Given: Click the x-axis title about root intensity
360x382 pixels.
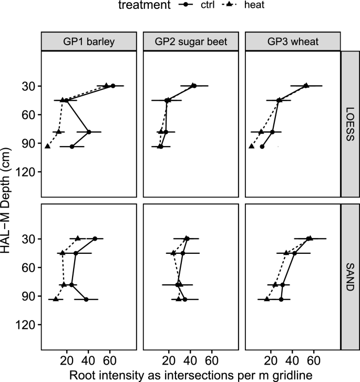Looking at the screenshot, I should click(x=190, y=374).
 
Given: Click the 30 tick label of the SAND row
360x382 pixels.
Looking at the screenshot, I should click(x=29, y=239).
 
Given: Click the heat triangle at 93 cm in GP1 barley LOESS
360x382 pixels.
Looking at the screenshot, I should click(x=48, y=146).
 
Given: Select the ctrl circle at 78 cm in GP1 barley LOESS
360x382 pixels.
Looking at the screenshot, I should click(x=89, y=132).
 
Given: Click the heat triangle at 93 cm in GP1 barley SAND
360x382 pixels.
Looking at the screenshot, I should click(x=56, y=299).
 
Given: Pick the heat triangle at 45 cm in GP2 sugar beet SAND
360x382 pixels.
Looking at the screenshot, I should click(x=174, y=253).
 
